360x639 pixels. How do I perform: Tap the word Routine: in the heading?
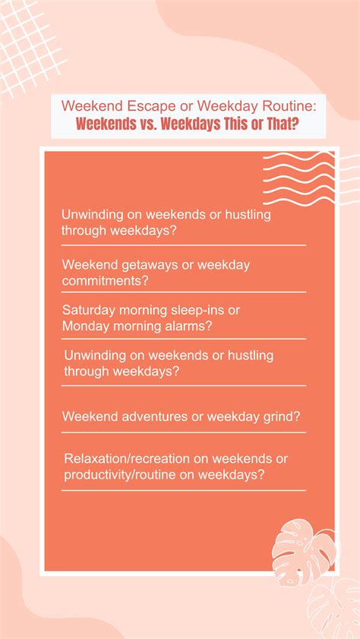pyautogui.click(x=290, y=105)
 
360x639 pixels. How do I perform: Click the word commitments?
pyautogui.click(x=105, y=280)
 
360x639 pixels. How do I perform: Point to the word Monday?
pyautogui.click(x=86, y=326)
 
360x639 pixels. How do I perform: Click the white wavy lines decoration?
pyautogui.click(x=299, y=179)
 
